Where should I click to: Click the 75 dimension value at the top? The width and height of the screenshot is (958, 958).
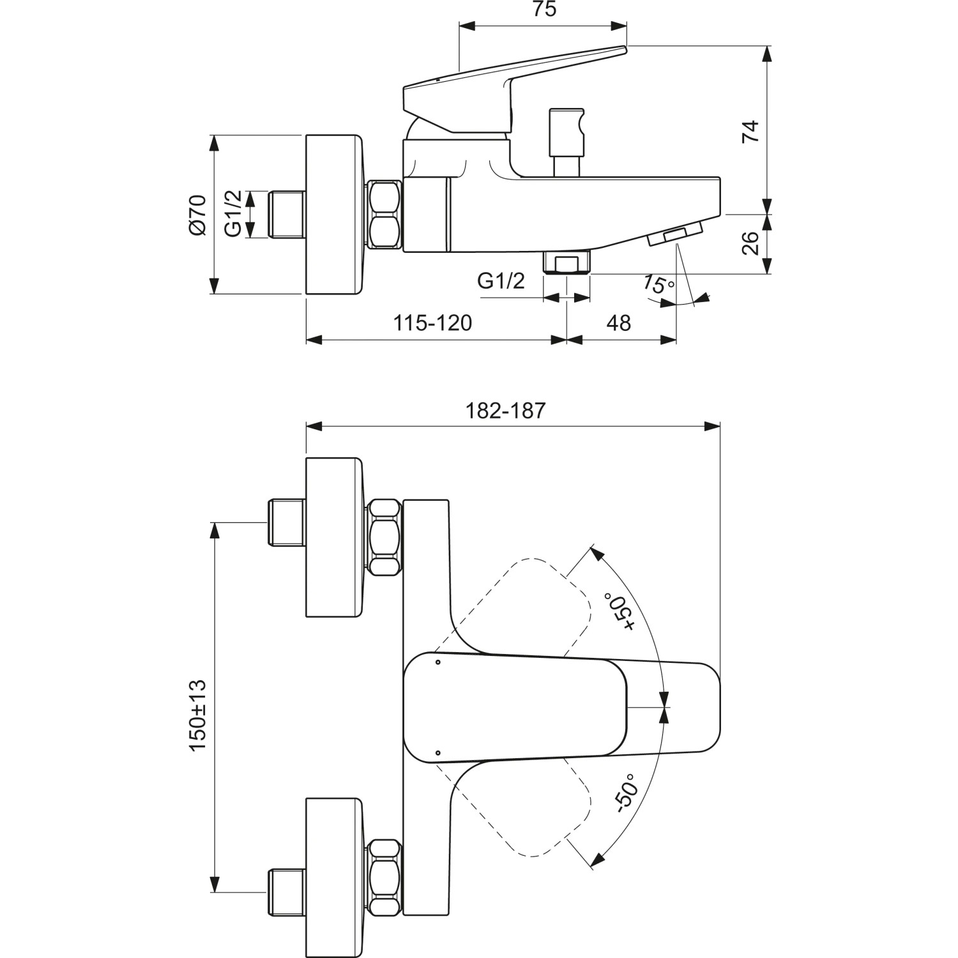coord(544,10)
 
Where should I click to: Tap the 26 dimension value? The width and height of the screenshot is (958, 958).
coord(752,243)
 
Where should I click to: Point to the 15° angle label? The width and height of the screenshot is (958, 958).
coord(658,284)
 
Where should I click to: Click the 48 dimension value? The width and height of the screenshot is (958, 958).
coord(618,323)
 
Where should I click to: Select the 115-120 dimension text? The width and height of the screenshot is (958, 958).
coord(432,323)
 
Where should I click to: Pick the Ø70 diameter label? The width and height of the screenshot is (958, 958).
coord(197,215)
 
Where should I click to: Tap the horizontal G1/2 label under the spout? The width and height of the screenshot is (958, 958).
coord(501,280)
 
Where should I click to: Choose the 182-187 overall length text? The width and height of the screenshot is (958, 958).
coord(506,410)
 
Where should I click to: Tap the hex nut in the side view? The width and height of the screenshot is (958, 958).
coord(384,214)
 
